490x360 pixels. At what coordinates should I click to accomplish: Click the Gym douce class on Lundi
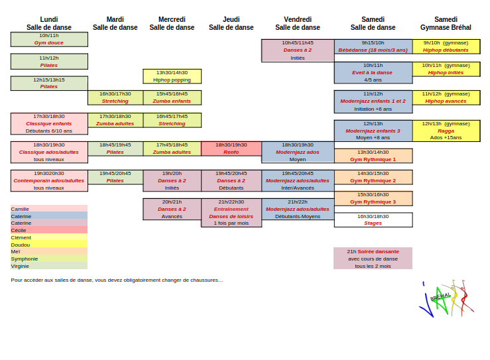(x=49, y=39)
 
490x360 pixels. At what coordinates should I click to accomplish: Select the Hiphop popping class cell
(x=172, y=76)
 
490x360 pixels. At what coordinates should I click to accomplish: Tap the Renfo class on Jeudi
(x=231, y=149)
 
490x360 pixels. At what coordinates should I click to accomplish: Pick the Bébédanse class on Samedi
(x=373, y=46)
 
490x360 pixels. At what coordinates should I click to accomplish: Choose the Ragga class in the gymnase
(x=446, y=131)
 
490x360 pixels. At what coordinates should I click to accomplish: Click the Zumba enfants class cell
(x=172, y=97)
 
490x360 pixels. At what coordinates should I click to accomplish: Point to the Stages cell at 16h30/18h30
(x=373, y=219)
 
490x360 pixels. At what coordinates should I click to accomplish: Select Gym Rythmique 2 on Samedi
(x=373, y=177)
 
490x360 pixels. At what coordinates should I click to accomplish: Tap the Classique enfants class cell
(x=49, y=124)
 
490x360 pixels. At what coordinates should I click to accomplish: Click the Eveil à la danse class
(x=373, y=72)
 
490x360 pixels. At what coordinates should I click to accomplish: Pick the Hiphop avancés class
(x=446, y=97)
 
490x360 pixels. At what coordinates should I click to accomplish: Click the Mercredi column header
(x=172, y=23)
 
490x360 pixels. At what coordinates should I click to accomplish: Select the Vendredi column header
(x=298, y=23)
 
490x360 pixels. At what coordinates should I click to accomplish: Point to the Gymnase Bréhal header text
(x=446, y=27)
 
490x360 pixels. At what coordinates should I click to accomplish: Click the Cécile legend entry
(x=49, y=230)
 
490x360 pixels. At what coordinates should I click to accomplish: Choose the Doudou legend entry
(x=49, y=245)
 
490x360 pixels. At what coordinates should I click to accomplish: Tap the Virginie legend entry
(x=49, y=266)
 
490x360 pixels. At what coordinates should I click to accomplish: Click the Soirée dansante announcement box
(x=373, y=259)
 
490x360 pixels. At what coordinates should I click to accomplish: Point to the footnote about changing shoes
(x=117, y=280)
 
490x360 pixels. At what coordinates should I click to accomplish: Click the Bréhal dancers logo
(x=446, y=298)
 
